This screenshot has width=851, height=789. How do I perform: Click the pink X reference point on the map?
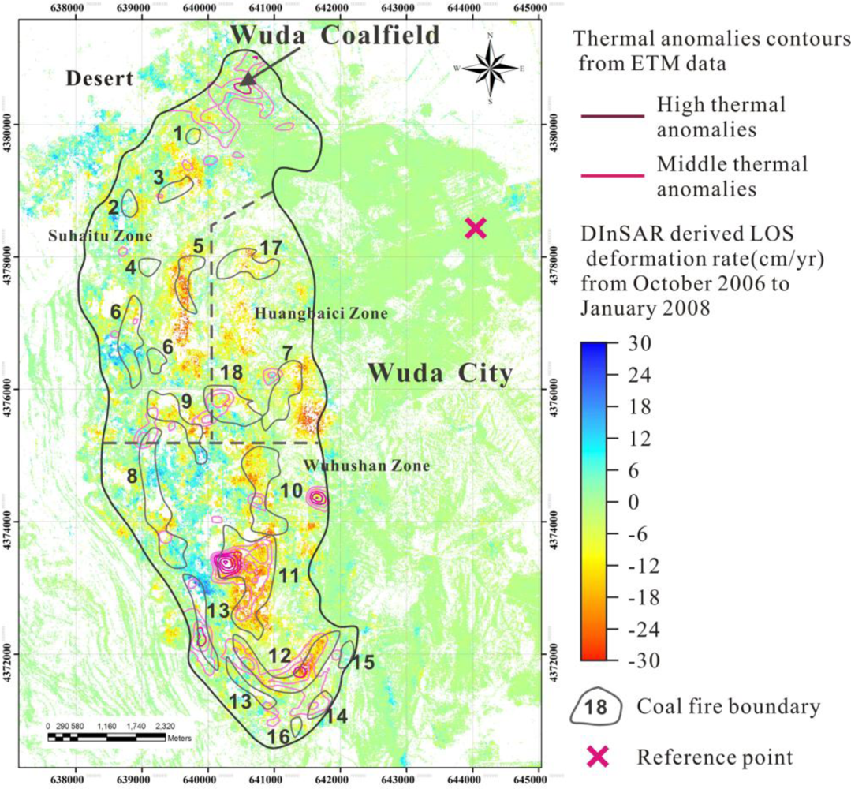pos(475,228)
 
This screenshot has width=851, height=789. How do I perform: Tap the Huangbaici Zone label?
pos(321,314)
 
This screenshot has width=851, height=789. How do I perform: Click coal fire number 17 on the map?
pos(270,248)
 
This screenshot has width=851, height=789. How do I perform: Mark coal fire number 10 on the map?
pos(290,491)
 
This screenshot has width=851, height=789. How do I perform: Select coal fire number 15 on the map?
pos(362,662)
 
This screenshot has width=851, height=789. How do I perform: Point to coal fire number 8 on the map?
pos(131,476)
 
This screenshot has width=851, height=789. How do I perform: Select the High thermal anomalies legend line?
pos(615,116)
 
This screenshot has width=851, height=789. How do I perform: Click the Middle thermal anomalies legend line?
pos(615,177)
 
